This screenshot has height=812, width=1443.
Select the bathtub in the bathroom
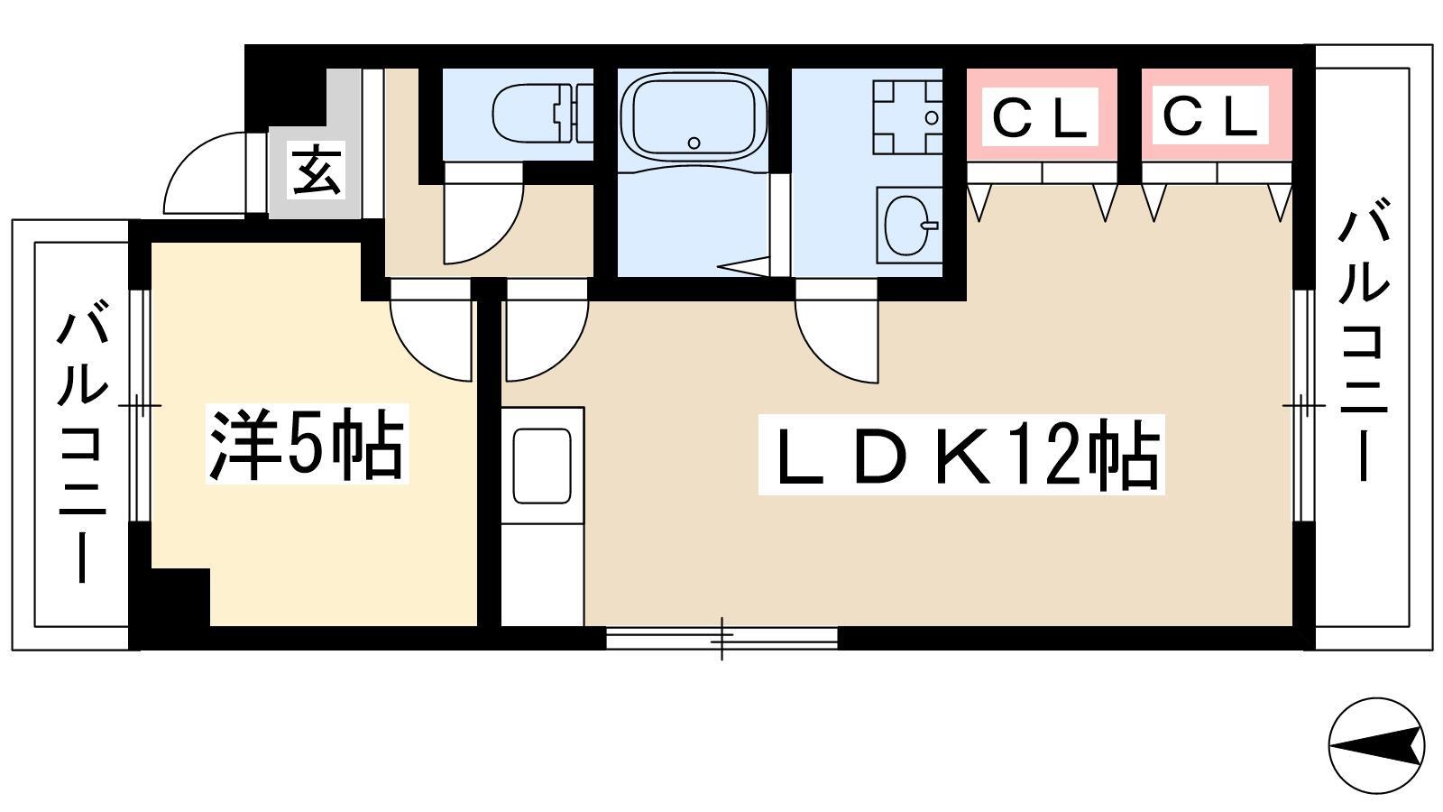click(693, 116)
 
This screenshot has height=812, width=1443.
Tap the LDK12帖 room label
click(960, 455)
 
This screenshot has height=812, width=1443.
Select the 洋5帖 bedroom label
click(307, 443)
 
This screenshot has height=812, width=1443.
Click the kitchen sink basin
click(542, 466)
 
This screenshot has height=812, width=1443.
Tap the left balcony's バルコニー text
click(83, 446)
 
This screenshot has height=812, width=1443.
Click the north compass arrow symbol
click(1376, 745)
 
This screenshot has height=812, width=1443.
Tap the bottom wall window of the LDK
click(721, 639)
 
